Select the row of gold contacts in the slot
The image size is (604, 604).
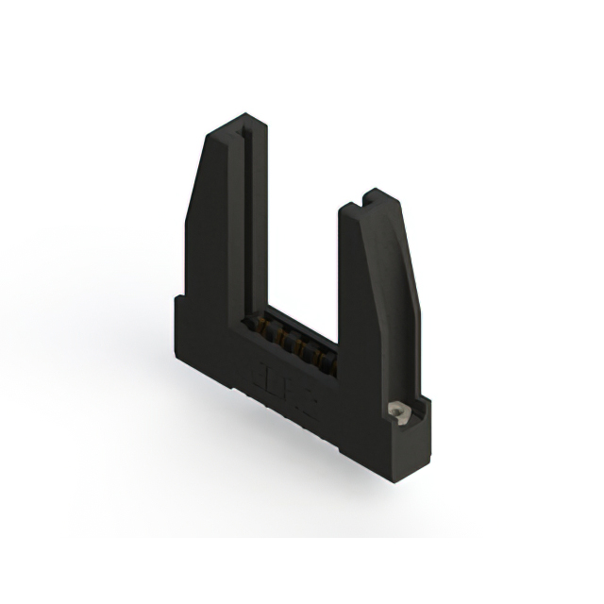click(x=287, y=344)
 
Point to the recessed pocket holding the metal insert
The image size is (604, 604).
click(x=399, y=412)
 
